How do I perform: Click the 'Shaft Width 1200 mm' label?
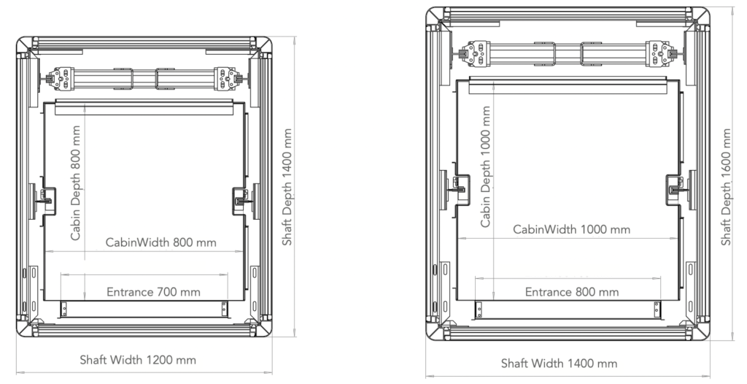pos(138,360)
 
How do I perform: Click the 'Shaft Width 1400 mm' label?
pos(559,364)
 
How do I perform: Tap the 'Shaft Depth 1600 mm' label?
pos(726,187)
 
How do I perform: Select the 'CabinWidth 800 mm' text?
pos(160,242)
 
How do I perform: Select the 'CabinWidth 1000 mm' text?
pos(571,229)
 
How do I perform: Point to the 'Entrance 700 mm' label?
pos(153,292)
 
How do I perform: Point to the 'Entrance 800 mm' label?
pos(571,292)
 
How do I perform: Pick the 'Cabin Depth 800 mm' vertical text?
pos(75,183)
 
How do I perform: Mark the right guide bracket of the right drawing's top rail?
pos(659,53)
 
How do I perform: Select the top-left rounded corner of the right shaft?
pos(436,17)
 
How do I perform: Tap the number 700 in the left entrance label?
pos(164,292)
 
